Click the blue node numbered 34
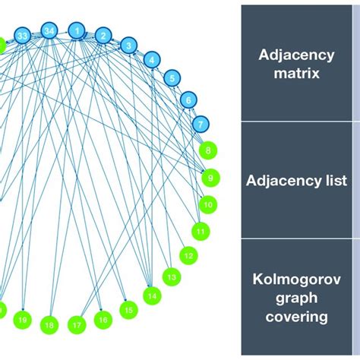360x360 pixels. tap(49, 31)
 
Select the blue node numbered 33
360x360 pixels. tap(23, 36)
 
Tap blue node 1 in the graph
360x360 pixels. tap(76, 30)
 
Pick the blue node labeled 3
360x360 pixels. tap(129, 46)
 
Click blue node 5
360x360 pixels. tap(172, 77)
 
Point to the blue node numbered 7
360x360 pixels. tap(200, 123)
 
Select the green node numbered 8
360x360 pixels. tap(208, 150)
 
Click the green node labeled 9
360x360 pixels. tap(210, 178)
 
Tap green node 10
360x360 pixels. tap(207, 204)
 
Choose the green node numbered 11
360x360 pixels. tap(201, 230)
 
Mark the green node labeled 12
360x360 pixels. tap(189, 255)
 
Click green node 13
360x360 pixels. tap(172, 277)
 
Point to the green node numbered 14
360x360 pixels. tap(153, 295)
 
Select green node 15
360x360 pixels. tap(129, 310)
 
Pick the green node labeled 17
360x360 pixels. tap(77, 325)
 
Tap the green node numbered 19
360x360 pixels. tap(22, 321)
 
